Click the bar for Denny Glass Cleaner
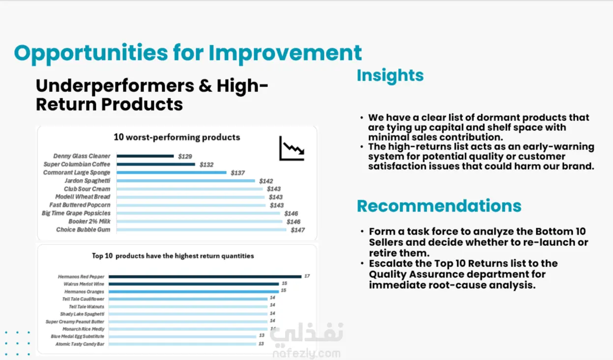(x=145, y=156)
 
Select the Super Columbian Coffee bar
(x=156, y=164)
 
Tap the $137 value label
(x=237, y=173)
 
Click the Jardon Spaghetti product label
(x=88, y=180)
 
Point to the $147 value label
(x=297, y=230)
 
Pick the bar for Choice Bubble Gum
(x=201, y=230)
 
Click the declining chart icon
(x=292, y=148)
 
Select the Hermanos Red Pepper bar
(x=205, y=276)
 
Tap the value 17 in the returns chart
(x=307, y=276)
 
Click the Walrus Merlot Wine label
(x=84, y=284)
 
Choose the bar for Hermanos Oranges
(x=194, y=292)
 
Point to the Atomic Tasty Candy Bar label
(x=80, y=344)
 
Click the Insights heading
(x=390, y=75)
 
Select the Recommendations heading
(x=439, y=206)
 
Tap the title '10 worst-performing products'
(x=177, y=137)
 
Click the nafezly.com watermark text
(x=307, y=354)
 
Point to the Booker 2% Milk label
(x=89, y=221)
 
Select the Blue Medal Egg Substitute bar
(x=182, y=336)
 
